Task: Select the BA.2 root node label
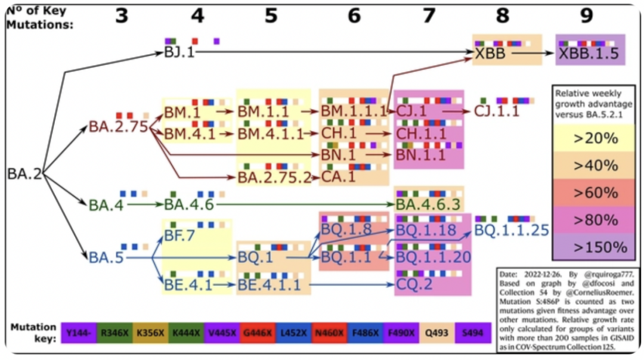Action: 24,174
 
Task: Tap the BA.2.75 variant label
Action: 118,126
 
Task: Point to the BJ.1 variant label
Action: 179,52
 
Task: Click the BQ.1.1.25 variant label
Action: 512,230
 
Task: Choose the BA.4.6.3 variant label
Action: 429,204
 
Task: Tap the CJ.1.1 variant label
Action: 497,111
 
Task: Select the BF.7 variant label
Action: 181,236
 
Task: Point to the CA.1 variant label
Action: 339,177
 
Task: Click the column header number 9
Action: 587,16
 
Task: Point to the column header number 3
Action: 122,16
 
